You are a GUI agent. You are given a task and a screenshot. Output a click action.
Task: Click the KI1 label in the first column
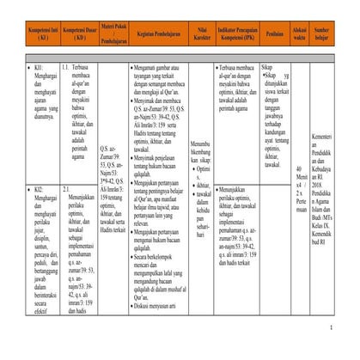tap(40, 65)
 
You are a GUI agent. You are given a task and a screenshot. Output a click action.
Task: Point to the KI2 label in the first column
tap(40, 187)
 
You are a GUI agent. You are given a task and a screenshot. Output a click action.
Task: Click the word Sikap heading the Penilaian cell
tap(267, 65)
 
